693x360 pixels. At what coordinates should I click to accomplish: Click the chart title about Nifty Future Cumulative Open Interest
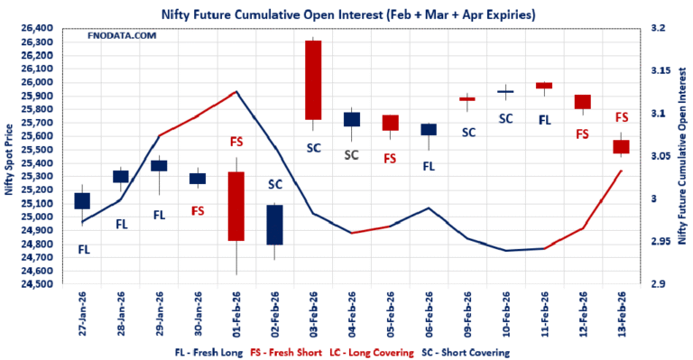tap(346, 13)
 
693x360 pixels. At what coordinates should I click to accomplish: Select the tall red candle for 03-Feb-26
tap(313, 79)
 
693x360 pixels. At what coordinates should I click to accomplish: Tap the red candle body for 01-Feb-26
tap(236, 206)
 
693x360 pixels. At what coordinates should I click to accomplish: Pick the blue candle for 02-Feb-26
tap(274, 225)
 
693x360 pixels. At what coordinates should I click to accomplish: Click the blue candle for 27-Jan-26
tap(82, 200)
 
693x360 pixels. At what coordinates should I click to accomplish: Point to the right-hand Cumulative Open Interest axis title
tap(684, 157)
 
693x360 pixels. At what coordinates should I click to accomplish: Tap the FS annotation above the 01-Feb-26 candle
tap(236, 142)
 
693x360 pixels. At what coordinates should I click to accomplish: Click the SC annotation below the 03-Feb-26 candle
tap(313, 148)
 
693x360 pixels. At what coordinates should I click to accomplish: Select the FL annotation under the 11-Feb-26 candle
tap(544, 119)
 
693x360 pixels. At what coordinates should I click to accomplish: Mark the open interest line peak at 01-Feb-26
tap(236, 91)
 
